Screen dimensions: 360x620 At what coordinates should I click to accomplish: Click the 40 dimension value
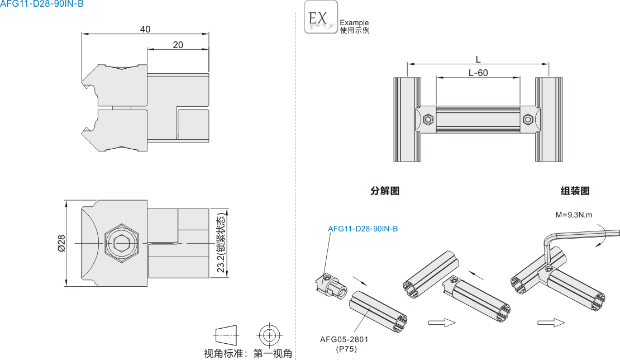pyautogui.click(x=145, y=29)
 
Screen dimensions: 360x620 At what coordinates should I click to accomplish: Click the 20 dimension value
pyautogui.click(x=178, y=45)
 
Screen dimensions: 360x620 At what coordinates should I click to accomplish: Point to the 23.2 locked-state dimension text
pyautogui.click(x=221, y=244)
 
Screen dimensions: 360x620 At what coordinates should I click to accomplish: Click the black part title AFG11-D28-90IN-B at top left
pyautogui.click(x=42, y=4)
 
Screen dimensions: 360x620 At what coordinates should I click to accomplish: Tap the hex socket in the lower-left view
pyautogui.click(x=121, y=243)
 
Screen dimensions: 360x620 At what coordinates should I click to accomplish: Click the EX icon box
pyautogui.click(x=321, y=17)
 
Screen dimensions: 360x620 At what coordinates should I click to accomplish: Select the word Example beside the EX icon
pyautogui.click(x=354, y=23)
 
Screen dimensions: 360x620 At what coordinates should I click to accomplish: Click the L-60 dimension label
pyautogui.click(x=478, y=73)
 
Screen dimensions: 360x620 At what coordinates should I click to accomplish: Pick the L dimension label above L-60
pyautogui.click(x=478, y=59)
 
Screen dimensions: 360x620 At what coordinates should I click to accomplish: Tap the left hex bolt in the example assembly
pyautogui.click(x=428, y=119)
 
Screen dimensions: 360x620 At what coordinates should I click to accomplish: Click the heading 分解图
pyautogui.click(x=385, y=191)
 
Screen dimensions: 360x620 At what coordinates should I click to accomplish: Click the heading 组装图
pyautogui.click(x=575, y=191)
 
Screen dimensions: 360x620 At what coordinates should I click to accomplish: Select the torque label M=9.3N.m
pyautogui.click(x=574, y=215)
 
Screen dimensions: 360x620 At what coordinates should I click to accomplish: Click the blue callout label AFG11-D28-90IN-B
pyautogui.click(x=363, y=229)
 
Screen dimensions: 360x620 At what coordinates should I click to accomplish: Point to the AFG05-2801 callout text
pyautogui.click(x=344, y=339)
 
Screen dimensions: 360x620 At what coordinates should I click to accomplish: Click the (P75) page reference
pyautogui.click(x=346, y=349)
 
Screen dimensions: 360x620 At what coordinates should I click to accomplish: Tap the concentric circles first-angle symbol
pyautogui.click(x=269, y=335)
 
